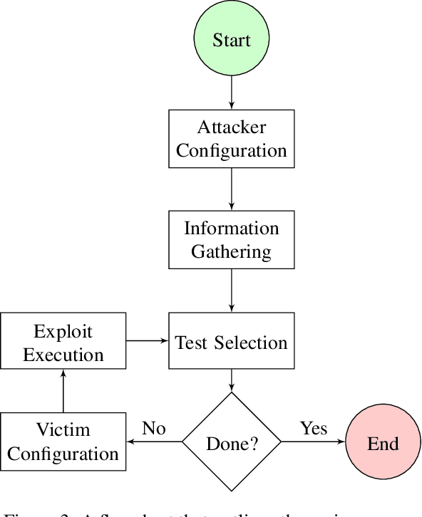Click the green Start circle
[x=232, y=39]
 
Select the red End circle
[x=383, y=443]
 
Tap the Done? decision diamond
[x=232, y=443]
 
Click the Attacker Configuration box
[x=232, y=139]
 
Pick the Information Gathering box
[x=232, y=240]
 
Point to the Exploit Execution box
[x=63, y=343]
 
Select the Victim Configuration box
[x=63, y=442]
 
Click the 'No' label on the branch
[x=154, y=428]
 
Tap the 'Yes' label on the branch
[x=314, y=428]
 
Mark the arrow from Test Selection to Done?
[x=232, y=380]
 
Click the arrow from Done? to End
[x=314, y=443]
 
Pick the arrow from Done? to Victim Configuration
[x=154, y=443]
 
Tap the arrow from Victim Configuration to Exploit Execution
[x=63, y=392]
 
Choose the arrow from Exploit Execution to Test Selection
[x=148, y=341]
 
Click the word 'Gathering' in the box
[x=232, y=251]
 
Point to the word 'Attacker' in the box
[x=232, y=127]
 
